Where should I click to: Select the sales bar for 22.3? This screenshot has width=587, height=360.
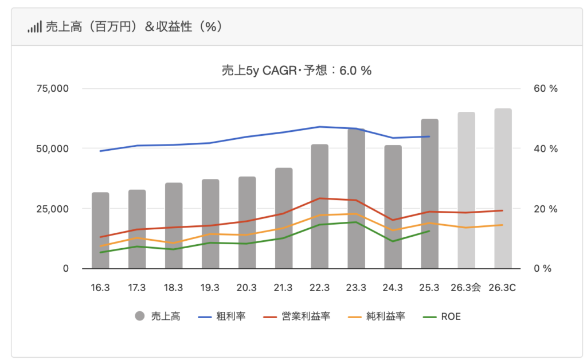pyautogui.click(x=320, y=206)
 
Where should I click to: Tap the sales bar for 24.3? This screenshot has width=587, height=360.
pyautogui.click(x=393, y=207)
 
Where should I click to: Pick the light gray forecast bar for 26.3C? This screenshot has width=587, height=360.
pyautogui.click(x=503, y=189)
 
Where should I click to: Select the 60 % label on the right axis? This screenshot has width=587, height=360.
pyautogui.click(x=545, y=89)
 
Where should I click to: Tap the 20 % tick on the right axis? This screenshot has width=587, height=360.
pyautogui.click(x=545, y=209)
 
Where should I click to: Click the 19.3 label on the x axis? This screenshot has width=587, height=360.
pyautogui.click(x=210, y=287)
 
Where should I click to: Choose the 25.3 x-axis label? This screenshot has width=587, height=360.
pyautogui.click(x=429, y=287)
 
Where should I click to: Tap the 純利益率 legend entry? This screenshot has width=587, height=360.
pyautogui.click(x=378, y=316)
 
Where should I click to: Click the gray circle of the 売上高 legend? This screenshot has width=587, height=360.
pyautogui.click(x=139, y=316)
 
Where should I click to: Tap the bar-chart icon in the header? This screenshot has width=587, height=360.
pyautogui.click(x=34, y=27)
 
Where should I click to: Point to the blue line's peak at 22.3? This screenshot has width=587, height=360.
pyautogui.click(x=320, y=127)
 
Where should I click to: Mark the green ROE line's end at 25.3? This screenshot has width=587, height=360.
pyautogui.click(x=429, y=231)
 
